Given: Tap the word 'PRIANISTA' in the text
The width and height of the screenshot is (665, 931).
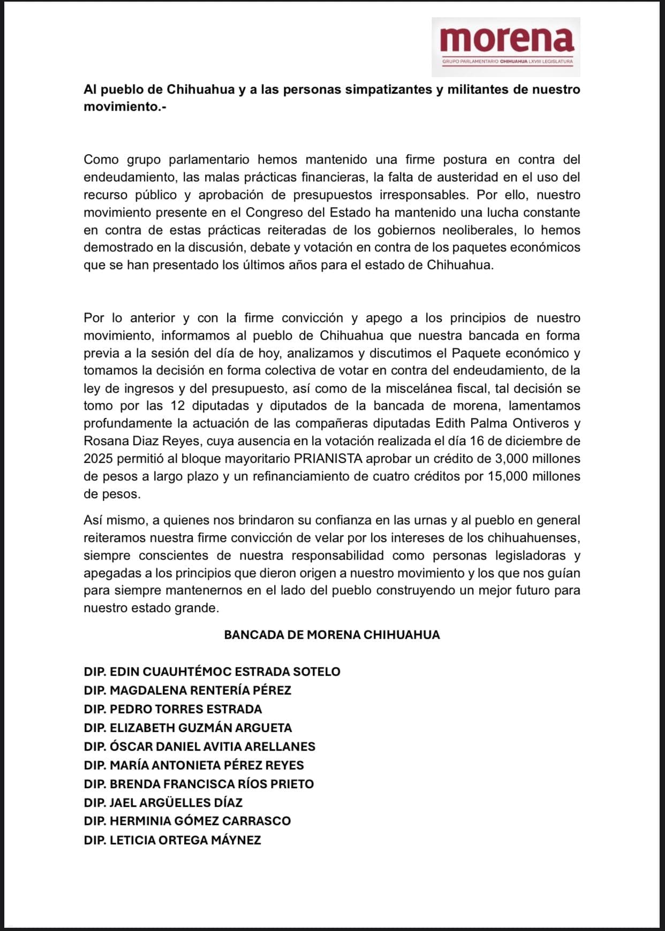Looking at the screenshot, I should coord(328,459).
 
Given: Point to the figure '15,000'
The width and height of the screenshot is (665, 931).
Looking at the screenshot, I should coord(508,476).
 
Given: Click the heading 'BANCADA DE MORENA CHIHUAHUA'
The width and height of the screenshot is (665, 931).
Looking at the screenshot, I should coord(332,635).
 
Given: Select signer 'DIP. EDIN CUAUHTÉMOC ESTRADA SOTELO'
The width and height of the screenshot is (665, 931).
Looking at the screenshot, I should coord(212,671).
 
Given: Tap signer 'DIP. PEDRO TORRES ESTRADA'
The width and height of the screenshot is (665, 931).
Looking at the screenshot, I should coord(173,709).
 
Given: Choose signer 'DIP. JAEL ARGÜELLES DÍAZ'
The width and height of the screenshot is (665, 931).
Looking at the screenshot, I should coord(163,803).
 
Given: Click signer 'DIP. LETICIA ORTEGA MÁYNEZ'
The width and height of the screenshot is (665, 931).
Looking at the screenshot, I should coord(172,840).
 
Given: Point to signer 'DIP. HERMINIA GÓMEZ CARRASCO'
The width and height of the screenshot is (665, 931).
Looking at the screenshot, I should coord(187,821).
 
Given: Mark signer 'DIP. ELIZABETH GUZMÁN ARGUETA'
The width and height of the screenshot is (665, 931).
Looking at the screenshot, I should coord(188,728).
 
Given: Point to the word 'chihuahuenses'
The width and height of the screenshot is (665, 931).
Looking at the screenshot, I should coord(534,538).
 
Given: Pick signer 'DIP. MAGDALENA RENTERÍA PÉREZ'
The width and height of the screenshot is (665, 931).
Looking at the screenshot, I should coord(187,690).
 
